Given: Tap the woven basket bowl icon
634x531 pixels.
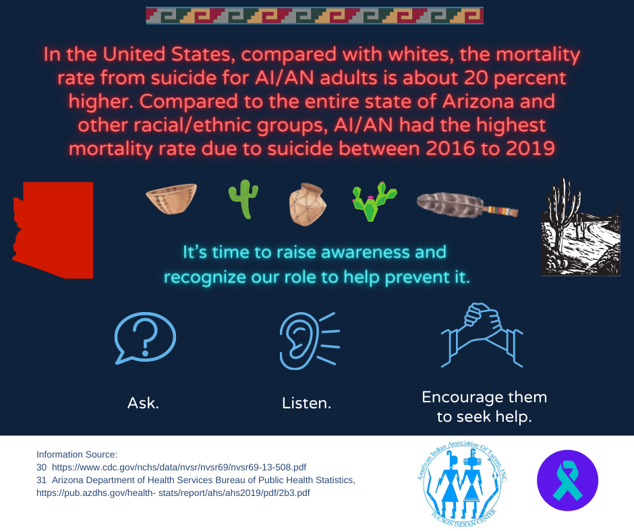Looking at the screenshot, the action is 171,198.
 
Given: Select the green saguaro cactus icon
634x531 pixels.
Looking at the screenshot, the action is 243,199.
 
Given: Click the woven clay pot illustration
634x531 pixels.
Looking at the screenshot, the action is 308,204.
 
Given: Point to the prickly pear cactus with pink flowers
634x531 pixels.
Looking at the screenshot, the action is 374,201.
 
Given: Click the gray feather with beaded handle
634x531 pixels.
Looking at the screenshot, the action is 467,206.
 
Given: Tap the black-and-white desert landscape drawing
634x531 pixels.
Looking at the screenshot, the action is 581,227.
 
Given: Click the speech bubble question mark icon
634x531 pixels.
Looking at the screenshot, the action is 145,338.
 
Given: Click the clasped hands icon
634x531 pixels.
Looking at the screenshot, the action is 482,335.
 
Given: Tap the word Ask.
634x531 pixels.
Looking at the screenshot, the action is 143,403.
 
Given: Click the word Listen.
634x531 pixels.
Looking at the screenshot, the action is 306,403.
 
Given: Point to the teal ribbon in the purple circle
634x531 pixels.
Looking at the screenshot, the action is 568,480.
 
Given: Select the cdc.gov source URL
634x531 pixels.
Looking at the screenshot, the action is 179,467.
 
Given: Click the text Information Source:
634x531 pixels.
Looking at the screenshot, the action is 77,454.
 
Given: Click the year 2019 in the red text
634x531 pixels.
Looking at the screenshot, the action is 530,148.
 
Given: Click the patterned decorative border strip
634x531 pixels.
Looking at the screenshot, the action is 314,15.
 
